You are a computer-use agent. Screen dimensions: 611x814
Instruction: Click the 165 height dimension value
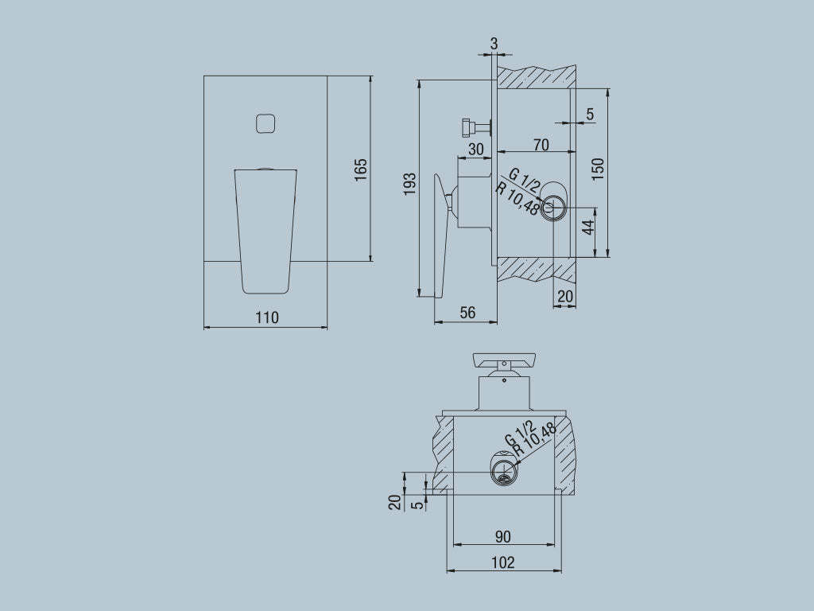(x=361, y=169)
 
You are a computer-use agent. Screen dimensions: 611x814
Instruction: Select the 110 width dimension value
(x=266, y=317)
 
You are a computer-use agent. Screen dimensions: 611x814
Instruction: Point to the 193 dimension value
(x=409, y=184)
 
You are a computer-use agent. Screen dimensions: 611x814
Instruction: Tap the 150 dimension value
(x=598, y=169)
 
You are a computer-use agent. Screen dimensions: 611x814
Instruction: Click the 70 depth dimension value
(x=541, y=145)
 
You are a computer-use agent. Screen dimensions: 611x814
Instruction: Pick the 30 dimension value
(x=475, y=149)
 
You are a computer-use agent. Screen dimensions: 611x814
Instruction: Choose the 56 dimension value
(x=467, y=313)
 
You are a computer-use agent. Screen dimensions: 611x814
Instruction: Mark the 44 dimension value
(x=588, y=227)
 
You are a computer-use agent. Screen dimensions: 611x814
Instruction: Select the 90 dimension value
(x=503, y=535)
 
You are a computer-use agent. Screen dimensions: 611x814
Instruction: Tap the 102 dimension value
(x=503, y=562)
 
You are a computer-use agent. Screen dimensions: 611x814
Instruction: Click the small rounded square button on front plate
(x=266, y=123)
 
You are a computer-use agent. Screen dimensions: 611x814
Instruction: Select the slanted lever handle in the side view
(x=440, y=239)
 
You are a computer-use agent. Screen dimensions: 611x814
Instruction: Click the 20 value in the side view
(x=565, y=296)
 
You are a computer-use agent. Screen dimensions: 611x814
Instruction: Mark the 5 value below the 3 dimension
(x=589, y=114)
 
